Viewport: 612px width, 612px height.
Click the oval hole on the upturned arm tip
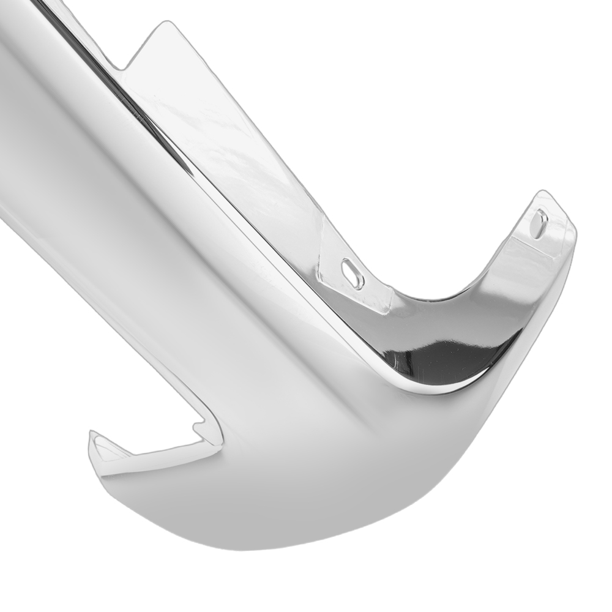click(x=539, y=224)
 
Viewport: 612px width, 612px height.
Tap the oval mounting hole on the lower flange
click(x=353, y=273)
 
